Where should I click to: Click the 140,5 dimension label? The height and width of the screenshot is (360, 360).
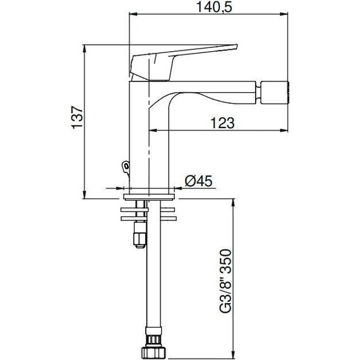click(x=215, y=7)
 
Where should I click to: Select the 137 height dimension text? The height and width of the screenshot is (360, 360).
click(x=77, y=117)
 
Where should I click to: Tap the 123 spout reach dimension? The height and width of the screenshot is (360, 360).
click(x=222, y=123)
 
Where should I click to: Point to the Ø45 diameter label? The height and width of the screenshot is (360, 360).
click(x=198, y=181)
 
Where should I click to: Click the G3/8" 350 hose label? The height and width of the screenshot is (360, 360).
click(x=225, y=281)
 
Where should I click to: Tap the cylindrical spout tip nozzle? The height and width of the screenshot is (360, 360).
click(x=274, y=92)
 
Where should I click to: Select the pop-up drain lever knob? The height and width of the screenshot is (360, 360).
click(x=126, y=167)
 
